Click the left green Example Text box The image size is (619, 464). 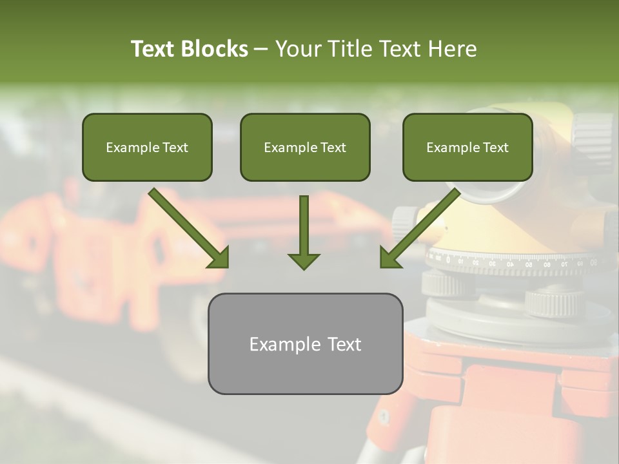[x=147, y=147]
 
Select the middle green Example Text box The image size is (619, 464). [x=305, y=147]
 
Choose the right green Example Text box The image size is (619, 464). [x=467, y=147]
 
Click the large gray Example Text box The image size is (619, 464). [x=305, y=343]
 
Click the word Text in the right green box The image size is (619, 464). [x=495, y=148]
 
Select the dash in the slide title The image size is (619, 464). [x=261, y=49]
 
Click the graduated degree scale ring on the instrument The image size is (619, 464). [x=516, y=262]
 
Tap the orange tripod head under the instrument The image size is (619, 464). [x=503, y=387]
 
